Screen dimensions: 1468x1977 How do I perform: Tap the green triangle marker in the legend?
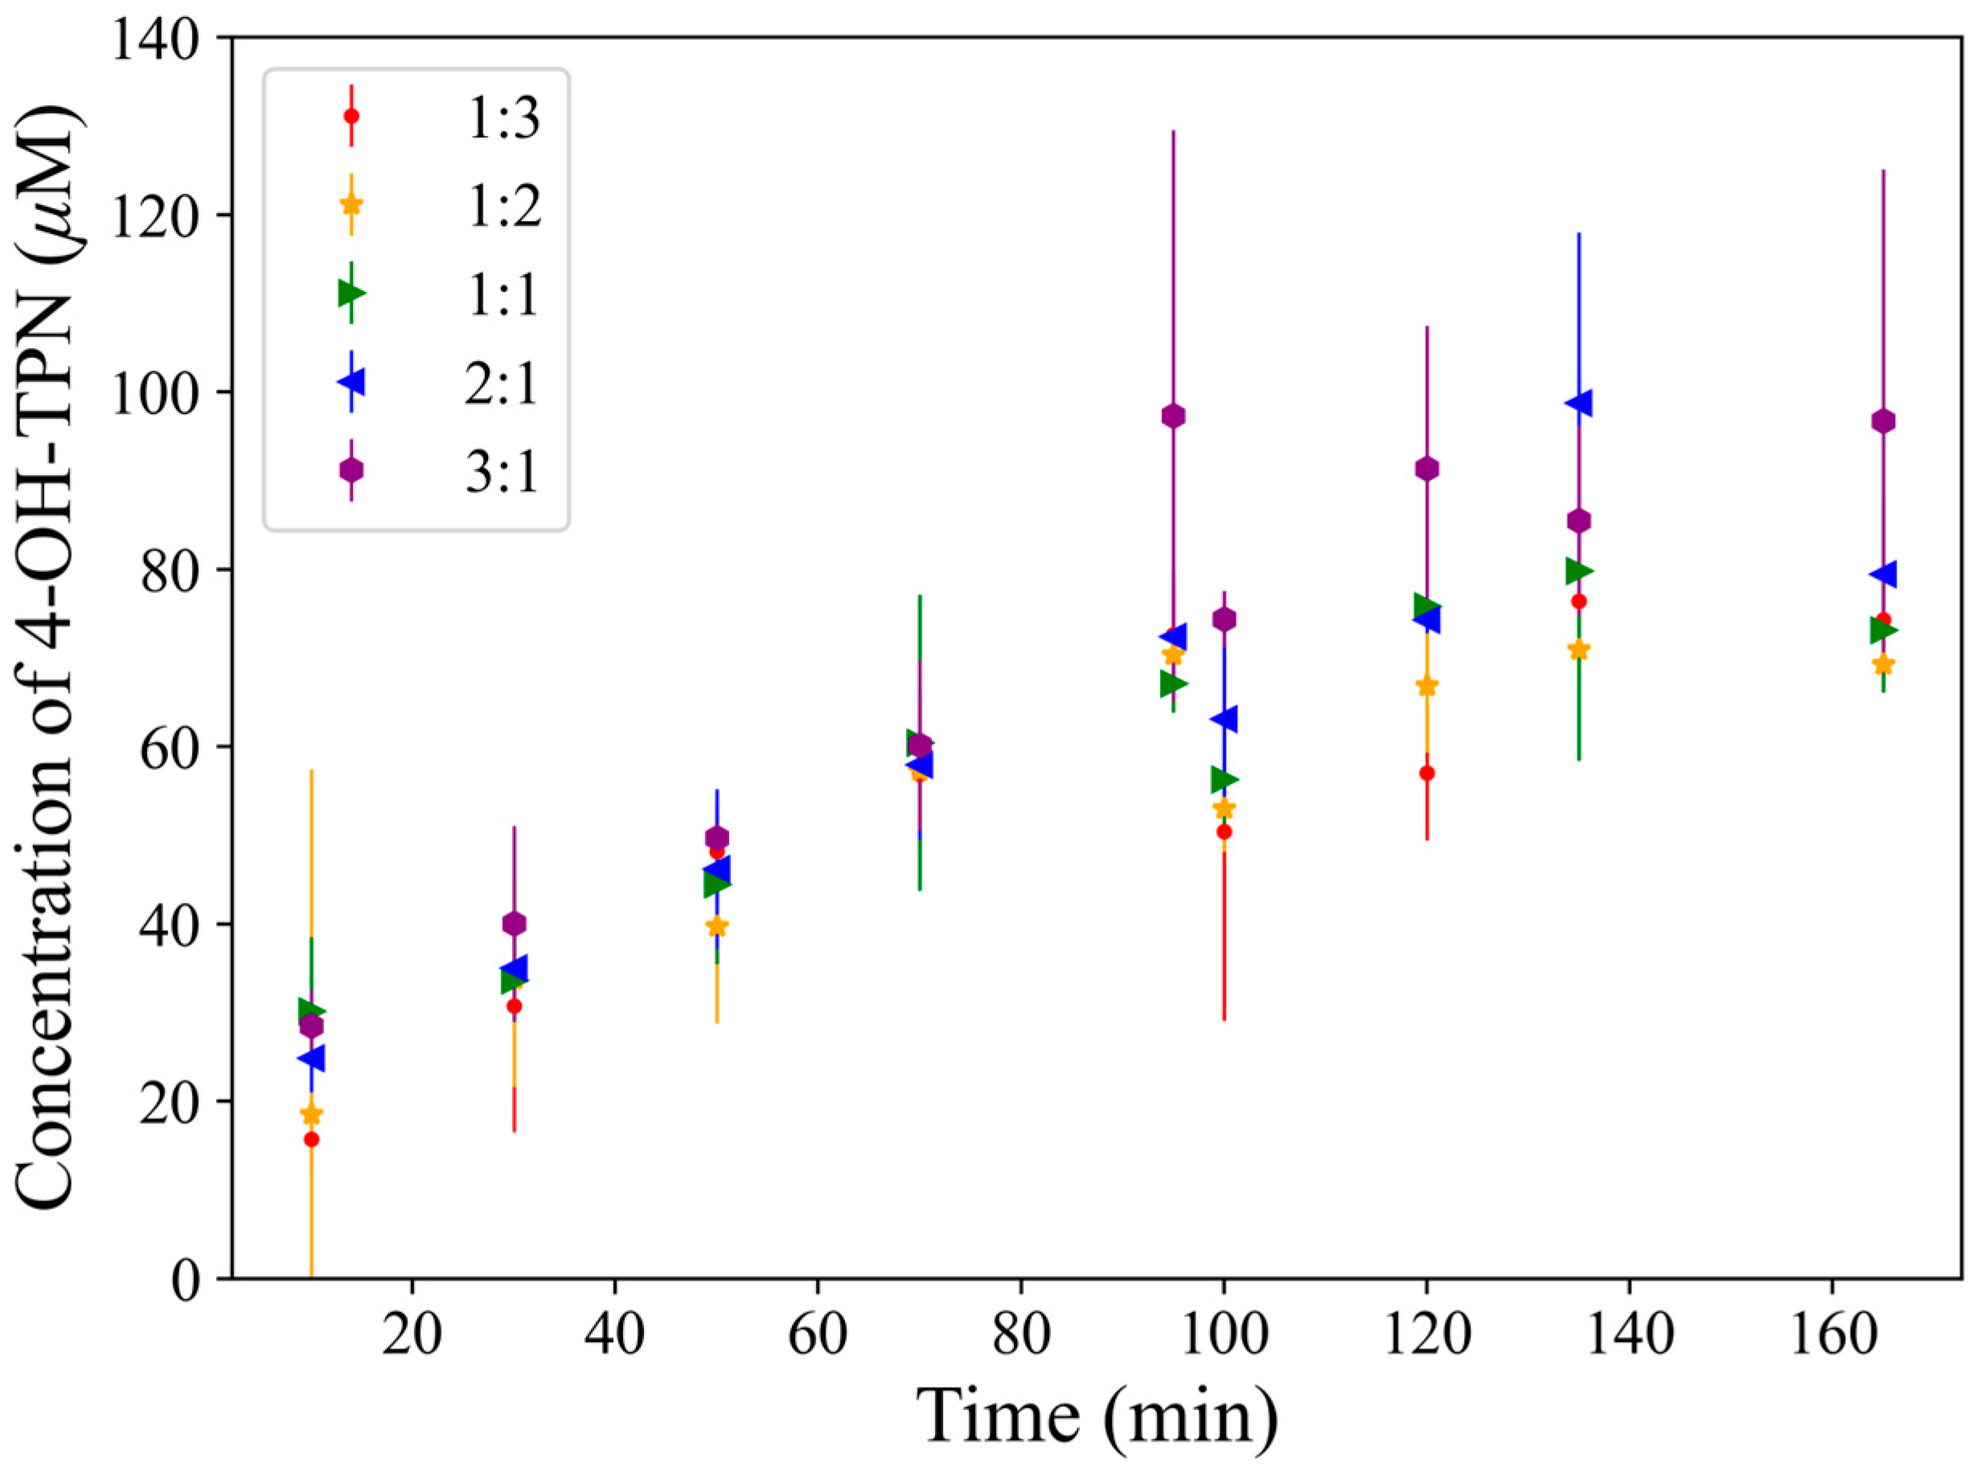tap(352, 293)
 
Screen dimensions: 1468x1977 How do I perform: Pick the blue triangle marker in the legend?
tap(352, 382)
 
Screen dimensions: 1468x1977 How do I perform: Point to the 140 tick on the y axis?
tap(164, 39)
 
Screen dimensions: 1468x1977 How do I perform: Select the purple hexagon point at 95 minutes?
tap(1173, 416)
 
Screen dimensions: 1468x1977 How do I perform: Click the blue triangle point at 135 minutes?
tap(1577, 404)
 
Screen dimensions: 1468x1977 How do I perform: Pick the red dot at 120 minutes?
tap(1427, 773)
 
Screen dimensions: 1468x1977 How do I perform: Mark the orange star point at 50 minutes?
tap(717, 927)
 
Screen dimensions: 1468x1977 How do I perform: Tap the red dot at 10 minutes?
tap(311, 1139)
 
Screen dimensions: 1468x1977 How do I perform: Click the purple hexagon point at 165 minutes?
tap(1883, 421)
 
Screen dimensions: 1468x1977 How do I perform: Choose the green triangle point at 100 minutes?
tap(1224, 779)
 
